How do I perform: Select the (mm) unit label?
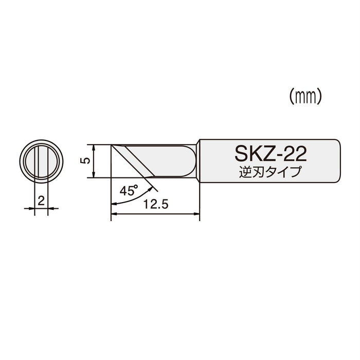pyautogui.click(x=305, y=96)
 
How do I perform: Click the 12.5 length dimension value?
pyautogui.click(x=156, y=204)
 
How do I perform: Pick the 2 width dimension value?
pyautogui.click(x=41, y=200)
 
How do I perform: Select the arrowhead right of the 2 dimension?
pyautogui.click(x=52, y=208)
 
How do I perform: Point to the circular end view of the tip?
pyautogui.click(x=41, y=160)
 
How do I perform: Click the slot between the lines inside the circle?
pyautogui.click(x=41, y=160)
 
